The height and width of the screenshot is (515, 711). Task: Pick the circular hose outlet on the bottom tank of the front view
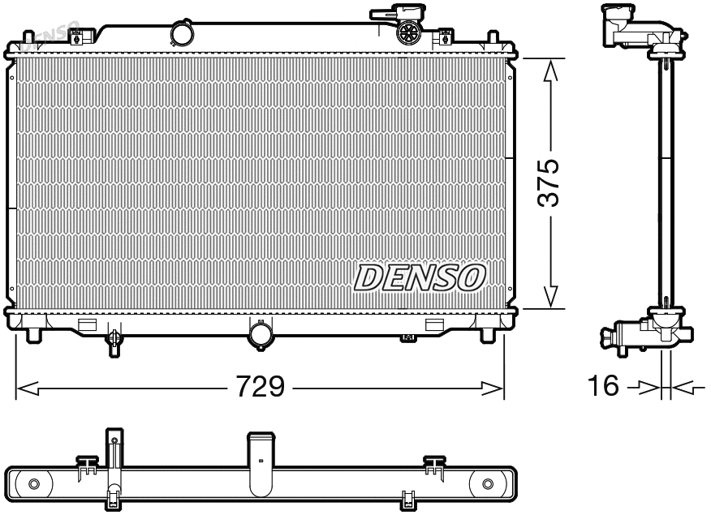(x=261, y=334)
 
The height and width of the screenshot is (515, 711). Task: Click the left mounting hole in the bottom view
(x=33, y=484)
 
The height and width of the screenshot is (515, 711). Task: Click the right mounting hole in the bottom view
(x=488, y=484)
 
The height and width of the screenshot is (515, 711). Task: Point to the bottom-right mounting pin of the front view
(x=487, y=334)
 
